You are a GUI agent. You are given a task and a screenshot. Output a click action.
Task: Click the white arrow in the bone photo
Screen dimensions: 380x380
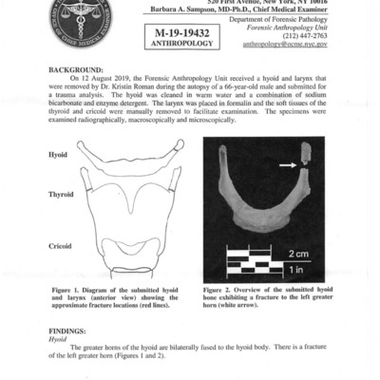coord(270,164)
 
